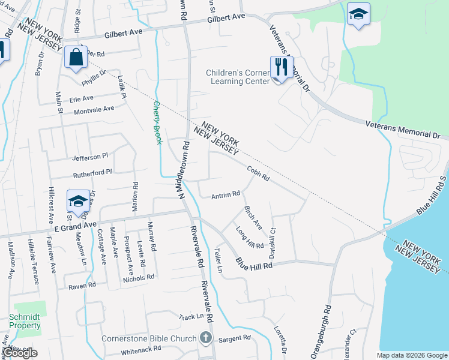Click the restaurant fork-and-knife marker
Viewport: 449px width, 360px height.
pyautogui.click(x=280, y=67)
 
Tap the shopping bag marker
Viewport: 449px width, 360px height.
pyautogui.click(x=76, y=58)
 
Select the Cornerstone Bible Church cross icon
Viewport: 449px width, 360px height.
pyautogui.click(x=206, y=338)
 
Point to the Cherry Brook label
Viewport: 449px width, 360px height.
pyautogui.click(x=157, y=122)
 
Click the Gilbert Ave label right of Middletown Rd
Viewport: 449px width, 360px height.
pyautogui.click(x=227, y=19)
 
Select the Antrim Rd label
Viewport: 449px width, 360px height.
pyautogui.click(x=226, y=194)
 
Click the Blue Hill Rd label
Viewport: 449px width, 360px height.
pyautogui.click(x=255, y=263)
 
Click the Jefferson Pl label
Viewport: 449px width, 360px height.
pyautogui.click(x=90, y=156)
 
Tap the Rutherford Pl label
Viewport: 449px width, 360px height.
pyautogui.click(x=92, y=173)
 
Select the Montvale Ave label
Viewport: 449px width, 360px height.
pyautogui.click(x=93, y=109)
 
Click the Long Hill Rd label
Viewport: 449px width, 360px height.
pyautogui.click(x=249, y=238)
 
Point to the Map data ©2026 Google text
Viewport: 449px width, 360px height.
pyautogui.click(x=412, y=355)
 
